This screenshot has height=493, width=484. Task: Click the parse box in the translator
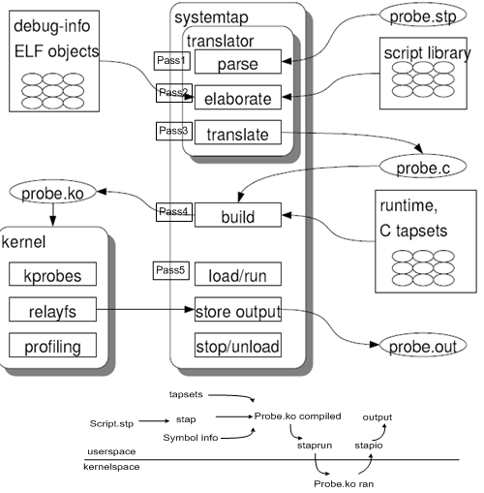[238, 62]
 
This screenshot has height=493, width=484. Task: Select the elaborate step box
[238, 97]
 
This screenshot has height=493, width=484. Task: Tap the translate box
[238, 133]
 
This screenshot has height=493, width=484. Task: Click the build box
[238, 215]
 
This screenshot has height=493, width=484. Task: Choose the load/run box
[238, 274]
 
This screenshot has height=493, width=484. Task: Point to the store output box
[238, 309]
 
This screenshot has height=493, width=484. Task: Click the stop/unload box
[238, 345]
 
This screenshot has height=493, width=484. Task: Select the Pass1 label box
[172, 61]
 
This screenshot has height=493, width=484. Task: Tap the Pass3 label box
[174, 131]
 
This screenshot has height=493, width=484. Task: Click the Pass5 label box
[171, 270]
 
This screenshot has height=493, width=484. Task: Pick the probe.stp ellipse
[423, 15]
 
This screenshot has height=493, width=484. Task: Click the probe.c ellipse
[423, 167]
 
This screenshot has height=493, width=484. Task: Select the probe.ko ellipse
[53, 192]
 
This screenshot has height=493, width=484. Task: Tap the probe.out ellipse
[423, 345]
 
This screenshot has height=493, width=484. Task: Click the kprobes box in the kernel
[52, 274]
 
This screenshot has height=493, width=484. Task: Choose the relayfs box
[52, 309]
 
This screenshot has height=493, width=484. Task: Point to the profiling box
[52, 345]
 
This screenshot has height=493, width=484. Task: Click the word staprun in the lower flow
[315, 446]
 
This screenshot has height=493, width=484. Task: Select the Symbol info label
[191, 438]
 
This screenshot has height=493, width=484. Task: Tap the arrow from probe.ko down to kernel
[53, 215]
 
